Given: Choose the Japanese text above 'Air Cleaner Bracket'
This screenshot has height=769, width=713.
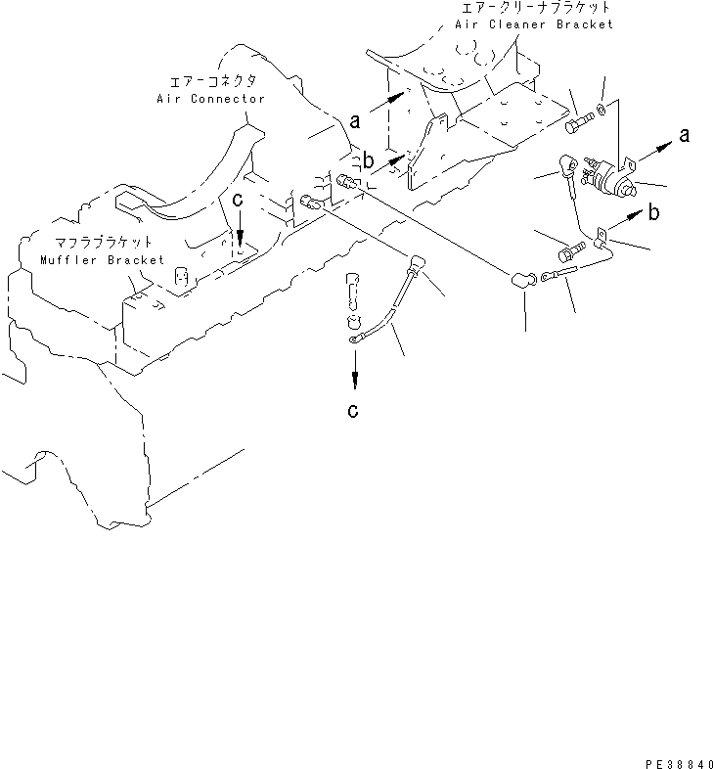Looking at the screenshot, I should [x=536, y=8].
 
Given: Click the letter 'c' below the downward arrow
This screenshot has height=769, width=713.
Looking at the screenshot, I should [x=353, y=410].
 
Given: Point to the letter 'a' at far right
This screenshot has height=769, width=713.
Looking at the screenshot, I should [x=683, y=135].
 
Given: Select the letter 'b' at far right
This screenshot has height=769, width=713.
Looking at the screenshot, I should [x=653, y=212].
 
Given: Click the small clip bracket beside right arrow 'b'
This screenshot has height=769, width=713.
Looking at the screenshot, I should [x=602, y=235].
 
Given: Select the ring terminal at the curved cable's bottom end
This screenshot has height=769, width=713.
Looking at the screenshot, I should [x=353, y=339].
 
